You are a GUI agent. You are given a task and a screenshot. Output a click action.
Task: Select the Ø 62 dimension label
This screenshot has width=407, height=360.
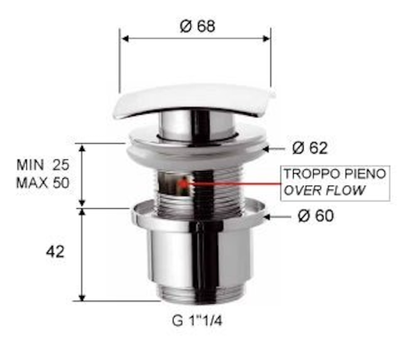(310, 147)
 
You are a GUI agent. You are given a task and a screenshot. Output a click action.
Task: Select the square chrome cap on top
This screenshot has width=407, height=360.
(195, 102)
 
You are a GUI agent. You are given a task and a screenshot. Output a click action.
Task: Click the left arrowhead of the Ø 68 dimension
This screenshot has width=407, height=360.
(125, 38)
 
